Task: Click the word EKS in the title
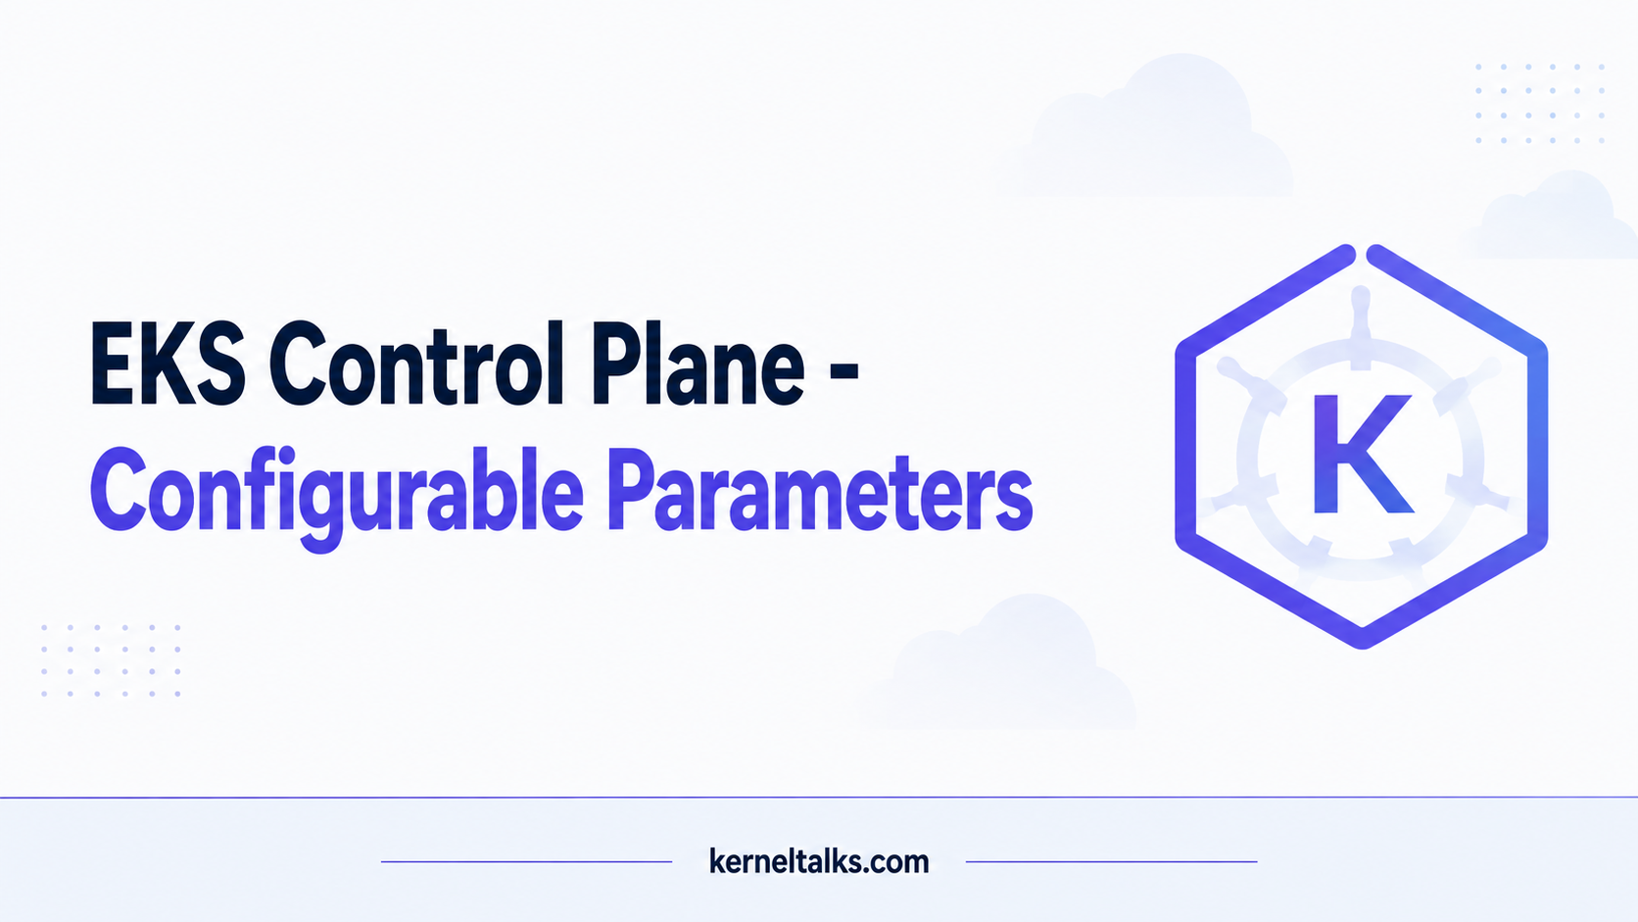168,364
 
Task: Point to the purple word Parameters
820,489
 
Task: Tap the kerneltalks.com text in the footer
819,861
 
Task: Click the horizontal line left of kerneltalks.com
526,862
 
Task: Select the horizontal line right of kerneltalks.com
1112,862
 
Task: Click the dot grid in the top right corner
1540,103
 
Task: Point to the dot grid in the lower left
111,660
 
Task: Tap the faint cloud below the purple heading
999,665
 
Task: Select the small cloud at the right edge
1553,216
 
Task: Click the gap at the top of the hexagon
1362,255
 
